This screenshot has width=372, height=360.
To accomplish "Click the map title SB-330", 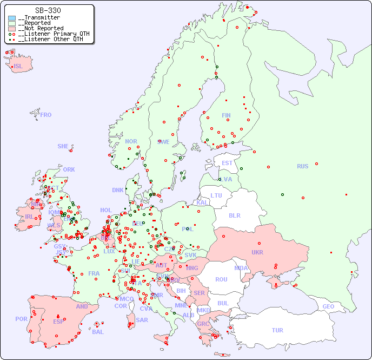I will point(48,10).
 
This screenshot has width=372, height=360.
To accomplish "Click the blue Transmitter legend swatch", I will point(12,18).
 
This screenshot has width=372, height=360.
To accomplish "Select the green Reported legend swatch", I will point(12,23).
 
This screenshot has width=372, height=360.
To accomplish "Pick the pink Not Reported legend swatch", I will point(12,29).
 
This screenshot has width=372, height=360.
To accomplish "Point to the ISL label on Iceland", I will point(18,67).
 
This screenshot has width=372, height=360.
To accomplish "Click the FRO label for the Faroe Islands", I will point(46,115).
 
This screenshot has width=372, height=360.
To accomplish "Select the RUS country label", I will point(302,166).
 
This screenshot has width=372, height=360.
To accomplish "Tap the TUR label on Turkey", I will point(277,330).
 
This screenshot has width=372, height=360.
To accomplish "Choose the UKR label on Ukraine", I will point(257,252).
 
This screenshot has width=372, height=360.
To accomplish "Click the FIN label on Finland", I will point(226,115).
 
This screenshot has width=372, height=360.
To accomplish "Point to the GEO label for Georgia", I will point(328,306).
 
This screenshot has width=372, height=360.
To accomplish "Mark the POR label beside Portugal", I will point(21,319).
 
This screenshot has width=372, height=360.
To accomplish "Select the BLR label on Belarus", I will point(235,215).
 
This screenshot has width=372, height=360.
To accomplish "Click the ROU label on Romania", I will point(221,279).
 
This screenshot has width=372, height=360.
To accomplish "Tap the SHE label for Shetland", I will point(63,146).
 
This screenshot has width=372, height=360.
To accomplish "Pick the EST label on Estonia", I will point(227,163).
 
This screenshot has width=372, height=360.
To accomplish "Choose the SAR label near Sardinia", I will point(142,320).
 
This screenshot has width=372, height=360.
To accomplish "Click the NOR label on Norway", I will point(131,141).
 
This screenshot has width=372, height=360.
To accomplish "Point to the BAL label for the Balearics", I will point(97,332).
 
